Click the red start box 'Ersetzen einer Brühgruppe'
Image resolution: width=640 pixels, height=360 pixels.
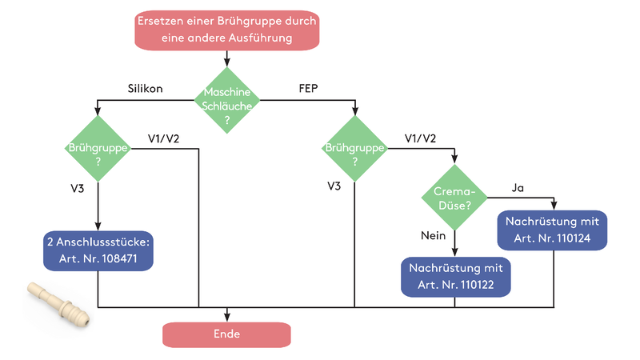pyautogui.click(x=226, y=29)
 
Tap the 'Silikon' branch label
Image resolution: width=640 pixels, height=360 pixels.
pyautogui.click(x=145, y=89)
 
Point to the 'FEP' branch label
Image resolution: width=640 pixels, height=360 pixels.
pyautogui.click(x=309, y=89)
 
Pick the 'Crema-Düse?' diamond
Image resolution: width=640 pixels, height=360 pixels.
pyautogui.click(x=455, y=197)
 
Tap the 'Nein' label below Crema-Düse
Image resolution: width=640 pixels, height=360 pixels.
pyautogui.click(x=433, y=236)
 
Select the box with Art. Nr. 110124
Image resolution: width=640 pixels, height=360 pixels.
pyautogui.click(x=553, y=230)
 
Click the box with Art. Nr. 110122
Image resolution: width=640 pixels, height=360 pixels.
pyautogui.click(x=455, y=275)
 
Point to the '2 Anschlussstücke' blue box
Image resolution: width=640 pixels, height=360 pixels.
pyautogui.click(x=97, y=250)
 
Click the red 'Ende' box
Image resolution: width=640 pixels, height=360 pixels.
pyautogui.click(x=226, y=334)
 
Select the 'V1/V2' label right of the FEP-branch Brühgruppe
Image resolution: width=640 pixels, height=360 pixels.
pyautogui.click(x=421, y=138)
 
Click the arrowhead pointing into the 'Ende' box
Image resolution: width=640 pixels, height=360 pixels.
pyautogui.click(x=227, y=318)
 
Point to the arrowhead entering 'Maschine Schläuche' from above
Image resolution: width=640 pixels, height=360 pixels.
pyautogui.click(x=228, y=62)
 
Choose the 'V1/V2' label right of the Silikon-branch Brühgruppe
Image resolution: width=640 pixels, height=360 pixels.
pyautogui.click(x=164, y=138)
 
